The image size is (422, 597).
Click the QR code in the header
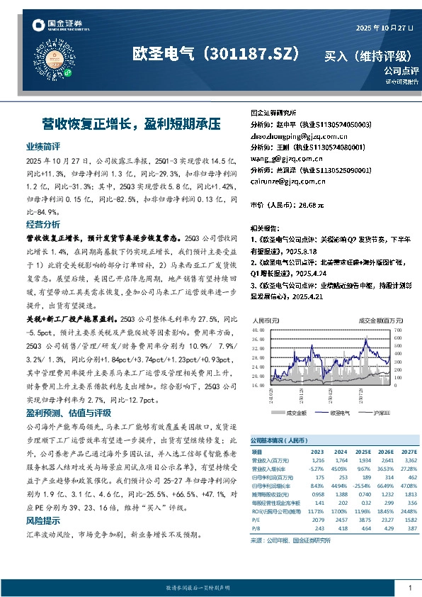(69, 61)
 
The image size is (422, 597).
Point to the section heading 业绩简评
(42, 146)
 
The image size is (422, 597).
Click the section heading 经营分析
(42, 224)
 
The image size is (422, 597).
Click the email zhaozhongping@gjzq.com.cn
(295, 135)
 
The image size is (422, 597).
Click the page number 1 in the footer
(410, 588)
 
